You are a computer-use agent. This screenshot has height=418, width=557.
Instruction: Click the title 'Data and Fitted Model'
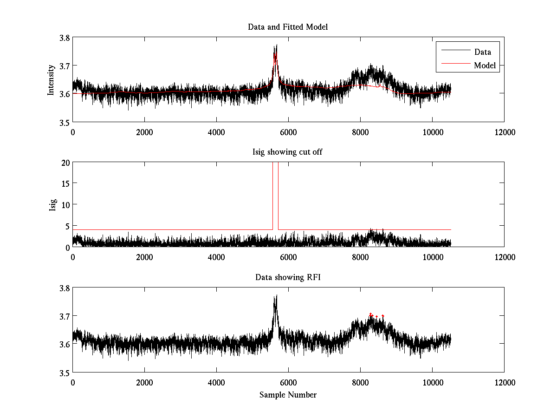pyautogui.click(x=288, y=27)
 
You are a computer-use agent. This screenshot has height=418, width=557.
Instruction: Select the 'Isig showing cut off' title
pyautogui.click(x=288, y=152)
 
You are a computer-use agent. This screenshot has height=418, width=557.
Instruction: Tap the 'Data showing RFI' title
pyautogui.click(x=288, y=277)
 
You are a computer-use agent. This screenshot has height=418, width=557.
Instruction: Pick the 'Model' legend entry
pyautogui.click(x=485, y=65)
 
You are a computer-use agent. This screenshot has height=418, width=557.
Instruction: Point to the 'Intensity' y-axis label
pyautogui.click(x=52, y=80)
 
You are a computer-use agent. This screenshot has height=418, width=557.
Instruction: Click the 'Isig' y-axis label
pyautogui.click(x=53, y=205)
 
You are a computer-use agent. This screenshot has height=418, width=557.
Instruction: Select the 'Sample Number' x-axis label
pyautogui.click(x=288, y=395)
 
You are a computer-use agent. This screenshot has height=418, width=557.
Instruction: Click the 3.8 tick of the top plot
pyautogui.click(x=65, y=38)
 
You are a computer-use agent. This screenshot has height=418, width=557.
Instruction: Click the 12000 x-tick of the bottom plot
pyautogui.click(x=505, y=382)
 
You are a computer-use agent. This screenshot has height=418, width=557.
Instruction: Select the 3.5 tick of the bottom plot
pyautogui.click(x=65, y=373)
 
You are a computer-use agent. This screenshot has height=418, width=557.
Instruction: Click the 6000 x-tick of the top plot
pyautogui.click(x=288, y=132)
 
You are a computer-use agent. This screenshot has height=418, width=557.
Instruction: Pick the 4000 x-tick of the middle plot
pyautogui.click(x=216, y=257)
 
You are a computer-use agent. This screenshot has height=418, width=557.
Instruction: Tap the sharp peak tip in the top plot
pyautogui.click(x=276, y=45)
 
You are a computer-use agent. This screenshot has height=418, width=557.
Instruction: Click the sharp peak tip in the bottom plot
pyautogui.click(x=276, y=295)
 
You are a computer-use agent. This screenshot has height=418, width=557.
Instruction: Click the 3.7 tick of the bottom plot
pyautogui.click(x=65, y=316)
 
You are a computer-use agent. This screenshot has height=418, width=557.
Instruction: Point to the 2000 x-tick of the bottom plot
pyautogui.click(x=144, y=382)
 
